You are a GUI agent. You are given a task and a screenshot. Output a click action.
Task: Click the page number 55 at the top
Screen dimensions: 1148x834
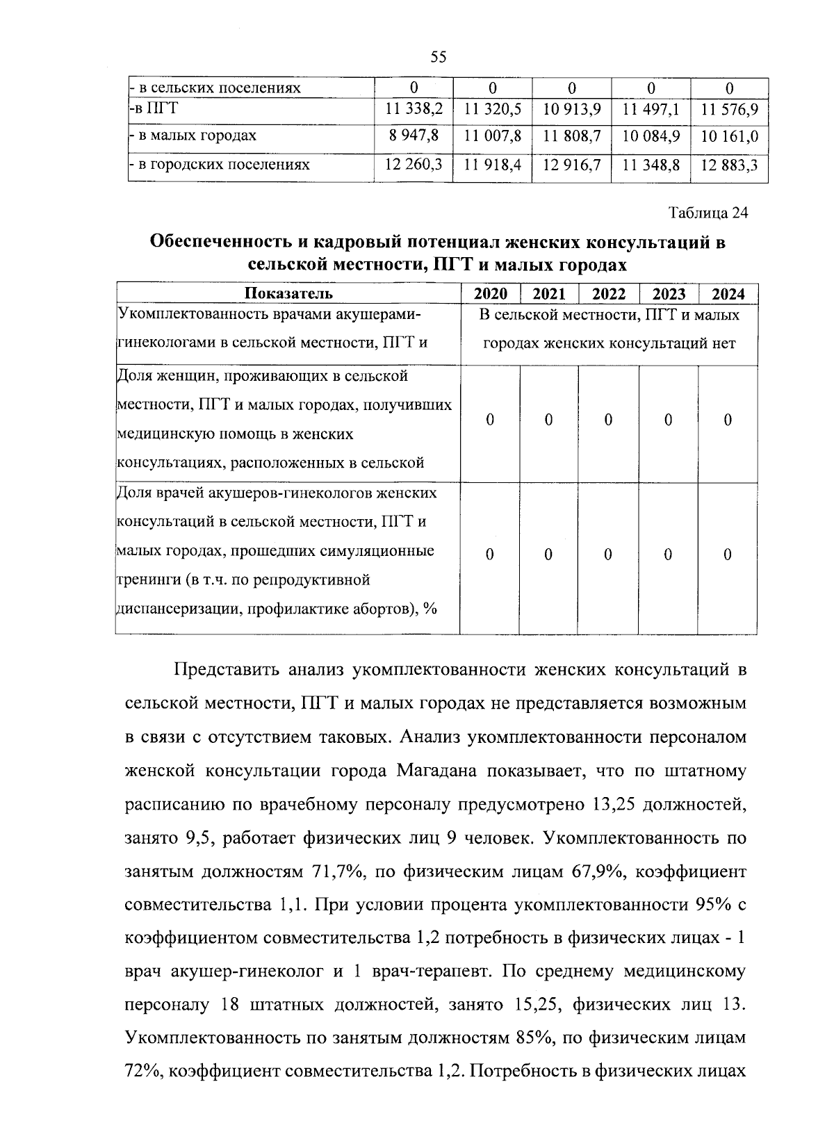(438, 57)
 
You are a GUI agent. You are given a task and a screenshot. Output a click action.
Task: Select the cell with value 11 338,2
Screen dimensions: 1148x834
(414, 110)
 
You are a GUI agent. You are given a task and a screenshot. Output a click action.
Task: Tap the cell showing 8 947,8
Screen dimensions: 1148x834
(414, 136)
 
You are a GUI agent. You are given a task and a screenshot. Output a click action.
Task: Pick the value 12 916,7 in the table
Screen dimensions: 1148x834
(572, 165)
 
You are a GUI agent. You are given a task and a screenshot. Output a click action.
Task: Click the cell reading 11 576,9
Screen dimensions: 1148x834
(729, 110)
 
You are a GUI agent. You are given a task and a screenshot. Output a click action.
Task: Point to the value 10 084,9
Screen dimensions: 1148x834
(651, 136)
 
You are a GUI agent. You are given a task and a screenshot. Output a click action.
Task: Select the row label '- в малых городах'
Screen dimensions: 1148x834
(193, 136)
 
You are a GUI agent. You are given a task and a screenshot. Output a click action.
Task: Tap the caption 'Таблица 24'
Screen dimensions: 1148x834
(708, 213)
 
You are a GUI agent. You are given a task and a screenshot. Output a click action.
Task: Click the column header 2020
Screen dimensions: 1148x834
(490, 294)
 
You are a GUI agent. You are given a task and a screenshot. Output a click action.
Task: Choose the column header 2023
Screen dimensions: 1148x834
(669, 294)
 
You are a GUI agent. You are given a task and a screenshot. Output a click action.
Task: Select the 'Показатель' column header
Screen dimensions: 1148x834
(288, 294)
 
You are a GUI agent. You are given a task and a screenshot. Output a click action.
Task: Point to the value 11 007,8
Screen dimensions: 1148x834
(493, 136)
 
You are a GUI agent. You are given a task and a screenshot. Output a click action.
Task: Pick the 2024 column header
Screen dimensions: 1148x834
(728, 294)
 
